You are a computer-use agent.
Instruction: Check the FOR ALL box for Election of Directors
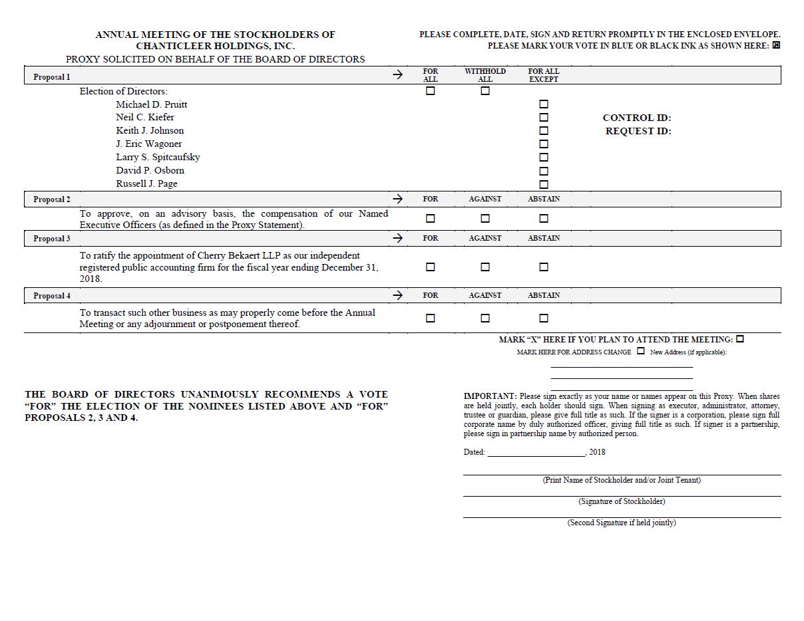point(430,91)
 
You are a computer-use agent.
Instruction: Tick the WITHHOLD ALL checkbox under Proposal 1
point(485,91)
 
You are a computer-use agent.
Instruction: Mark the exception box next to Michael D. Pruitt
point(544,104)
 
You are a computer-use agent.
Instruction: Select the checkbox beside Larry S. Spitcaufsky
point(544,158)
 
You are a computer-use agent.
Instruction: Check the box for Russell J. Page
point(544,184)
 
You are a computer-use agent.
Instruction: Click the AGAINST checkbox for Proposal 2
point(485,219)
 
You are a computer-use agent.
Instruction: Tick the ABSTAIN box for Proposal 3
point(544,267)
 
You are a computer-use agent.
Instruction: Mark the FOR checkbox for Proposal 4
point(430,318)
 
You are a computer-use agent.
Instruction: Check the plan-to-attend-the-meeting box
point(740,339)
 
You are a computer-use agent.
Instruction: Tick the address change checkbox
point(641,351)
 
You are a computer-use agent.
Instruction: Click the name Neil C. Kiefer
point(145,118)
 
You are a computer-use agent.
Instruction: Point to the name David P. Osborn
point(150,171)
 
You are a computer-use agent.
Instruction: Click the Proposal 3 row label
point(52,239)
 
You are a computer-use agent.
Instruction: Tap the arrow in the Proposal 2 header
point(397,199)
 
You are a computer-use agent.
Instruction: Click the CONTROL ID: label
point(637,118)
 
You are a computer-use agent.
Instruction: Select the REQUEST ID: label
point(638,131)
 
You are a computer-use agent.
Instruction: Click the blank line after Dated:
point(536,453)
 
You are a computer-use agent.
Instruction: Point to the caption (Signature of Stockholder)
point(622,501)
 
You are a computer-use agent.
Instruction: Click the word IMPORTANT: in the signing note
point(490,396)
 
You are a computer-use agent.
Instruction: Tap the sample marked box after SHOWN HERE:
point(776,46)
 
